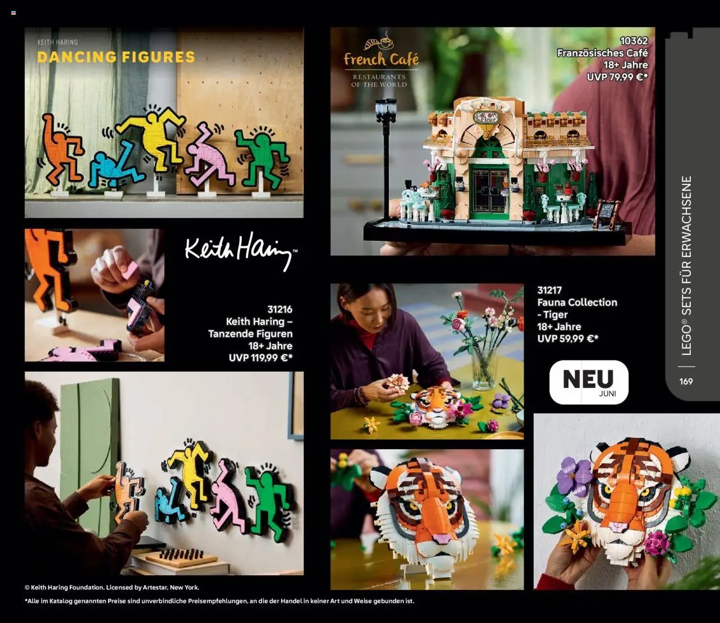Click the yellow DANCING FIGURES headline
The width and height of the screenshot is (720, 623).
116,57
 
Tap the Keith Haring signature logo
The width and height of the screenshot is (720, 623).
240,251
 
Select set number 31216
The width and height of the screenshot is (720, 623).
280,309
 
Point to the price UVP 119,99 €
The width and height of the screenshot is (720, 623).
260,358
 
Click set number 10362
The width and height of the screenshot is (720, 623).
634,40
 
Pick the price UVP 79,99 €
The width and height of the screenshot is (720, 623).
617,77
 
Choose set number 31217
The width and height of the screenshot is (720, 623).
550,290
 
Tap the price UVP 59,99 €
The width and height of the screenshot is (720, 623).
568,338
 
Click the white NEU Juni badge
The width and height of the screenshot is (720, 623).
588,382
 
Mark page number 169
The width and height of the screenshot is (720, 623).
686,381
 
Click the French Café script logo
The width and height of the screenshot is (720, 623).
381,58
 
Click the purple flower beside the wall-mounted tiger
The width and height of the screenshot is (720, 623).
573,476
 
